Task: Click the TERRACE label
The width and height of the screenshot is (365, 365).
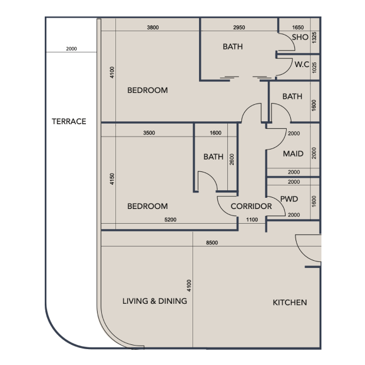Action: coord(69,121)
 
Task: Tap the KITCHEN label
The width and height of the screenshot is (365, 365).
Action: coord(290,303)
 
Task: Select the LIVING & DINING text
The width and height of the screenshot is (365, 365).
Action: coord(155,301)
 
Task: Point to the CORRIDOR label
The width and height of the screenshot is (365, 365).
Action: coord(251,206)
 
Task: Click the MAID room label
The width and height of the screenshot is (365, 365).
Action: coord(293,154)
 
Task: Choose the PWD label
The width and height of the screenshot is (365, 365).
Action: coord(289,199)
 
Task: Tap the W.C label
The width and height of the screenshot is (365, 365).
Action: coord(302,64)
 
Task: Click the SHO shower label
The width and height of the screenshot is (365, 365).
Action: coord(300,37)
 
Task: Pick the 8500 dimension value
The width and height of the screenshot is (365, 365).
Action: coord(212,243)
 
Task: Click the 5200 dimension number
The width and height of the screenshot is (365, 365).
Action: coord(170,220)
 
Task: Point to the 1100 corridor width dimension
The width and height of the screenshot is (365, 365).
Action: coord(252,220)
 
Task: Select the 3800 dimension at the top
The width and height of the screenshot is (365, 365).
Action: coord(152,28)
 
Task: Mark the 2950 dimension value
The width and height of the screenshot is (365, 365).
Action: coord(239,28)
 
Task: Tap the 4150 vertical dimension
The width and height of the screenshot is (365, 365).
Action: coord(112,179)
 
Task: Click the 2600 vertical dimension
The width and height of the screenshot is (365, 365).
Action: coord(232,160)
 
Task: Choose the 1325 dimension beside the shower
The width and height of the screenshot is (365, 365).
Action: coord(314,38)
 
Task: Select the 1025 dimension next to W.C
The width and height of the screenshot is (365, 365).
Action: coord(314,68)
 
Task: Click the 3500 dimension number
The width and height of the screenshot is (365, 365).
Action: coord(149,133)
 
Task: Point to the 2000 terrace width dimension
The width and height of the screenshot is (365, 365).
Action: coord(71,49)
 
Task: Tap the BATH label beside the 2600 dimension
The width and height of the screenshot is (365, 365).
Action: coord(214,157)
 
